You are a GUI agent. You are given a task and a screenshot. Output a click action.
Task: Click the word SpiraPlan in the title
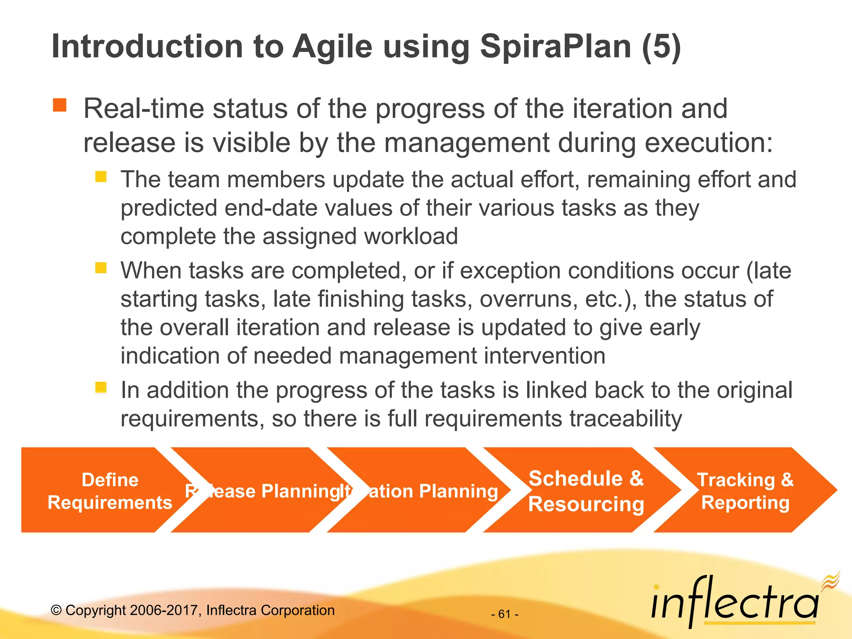pos(556,47)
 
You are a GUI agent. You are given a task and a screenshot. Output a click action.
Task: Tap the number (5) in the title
pos(661,47)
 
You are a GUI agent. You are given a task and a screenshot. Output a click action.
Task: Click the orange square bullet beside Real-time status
pos(59,105)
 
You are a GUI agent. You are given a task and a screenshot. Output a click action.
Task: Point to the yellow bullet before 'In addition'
pos(101,387)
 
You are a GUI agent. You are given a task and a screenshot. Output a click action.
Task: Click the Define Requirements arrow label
pos(110,491)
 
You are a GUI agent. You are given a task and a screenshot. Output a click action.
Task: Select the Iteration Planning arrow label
pos(420,491)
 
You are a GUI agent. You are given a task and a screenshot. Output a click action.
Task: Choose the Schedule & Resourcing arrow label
pos(586,491)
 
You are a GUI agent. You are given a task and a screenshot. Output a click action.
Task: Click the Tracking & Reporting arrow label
pos(745,491)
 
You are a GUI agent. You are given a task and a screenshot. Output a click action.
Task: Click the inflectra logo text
pos(734,602)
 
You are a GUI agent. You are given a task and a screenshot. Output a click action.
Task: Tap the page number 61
pos(505,614)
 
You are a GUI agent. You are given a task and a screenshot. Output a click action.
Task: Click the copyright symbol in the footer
pos(56,610)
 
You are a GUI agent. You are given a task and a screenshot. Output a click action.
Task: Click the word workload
pos(411,236)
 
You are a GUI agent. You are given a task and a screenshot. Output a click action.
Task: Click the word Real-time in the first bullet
pos(144,109)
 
